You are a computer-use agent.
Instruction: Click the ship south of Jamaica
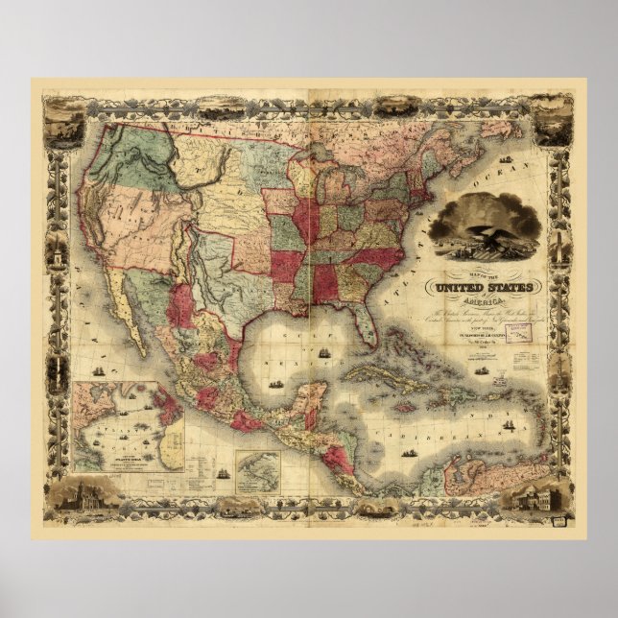(x=412, y=432)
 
